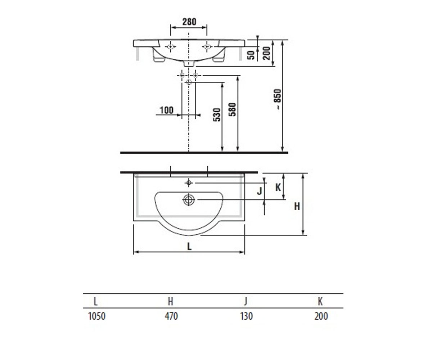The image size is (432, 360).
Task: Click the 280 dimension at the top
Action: coord(189,22)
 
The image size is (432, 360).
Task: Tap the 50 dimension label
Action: coord(251,55)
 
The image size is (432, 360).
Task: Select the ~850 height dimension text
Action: coord(278,99)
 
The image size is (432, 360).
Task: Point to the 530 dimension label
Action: coord(217,114)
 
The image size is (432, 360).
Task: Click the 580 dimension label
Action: coord(232,109)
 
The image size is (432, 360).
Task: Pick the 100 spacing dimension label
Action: coord(167,110)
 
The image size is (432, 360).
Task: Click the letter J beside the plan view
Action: coord(260,191)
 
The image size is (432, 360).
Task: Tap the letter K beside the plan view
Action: coord(278,188)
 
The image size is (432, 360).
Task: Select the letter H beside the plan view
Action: coord(297,206)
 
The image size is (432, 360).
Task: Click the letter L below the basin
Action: coord(189,246)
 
